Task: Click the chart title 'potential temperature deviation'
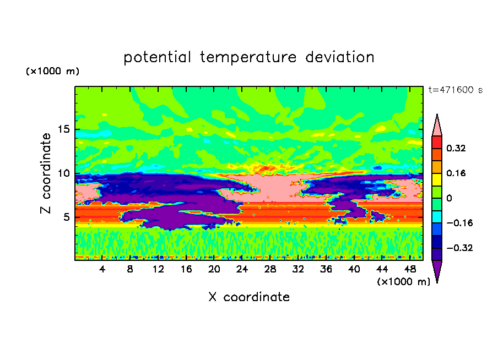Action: pos(248,57)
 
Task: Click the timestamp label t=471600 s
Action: pos(456,90)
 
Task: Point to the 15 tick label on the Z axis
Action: pos(63,129)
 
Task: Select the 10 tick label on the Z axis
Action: pos(63,173)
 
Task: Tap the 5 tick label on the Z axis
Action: pos(66,217)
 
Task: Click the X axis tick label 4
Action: pos(102,270)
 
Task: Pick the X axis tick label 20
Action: pos(214,270)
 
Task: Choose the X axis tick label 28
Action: pos(270,270)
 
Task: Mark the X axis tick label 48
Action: pos(410,270)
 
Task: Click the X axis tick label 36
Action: pos(326,270)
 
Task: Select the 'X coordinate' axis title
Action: pos(249,297)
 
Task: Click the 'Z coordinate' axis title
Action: pos(46,173)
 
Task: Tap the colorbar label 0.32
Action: pos(456,148)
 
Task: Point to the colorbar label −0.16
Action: pos(459,223)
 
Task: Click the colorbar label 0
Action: pos(449,198)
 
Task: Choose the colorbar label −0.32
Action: pos(459,248)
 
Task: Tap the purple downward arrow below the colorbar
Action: pos(437,270)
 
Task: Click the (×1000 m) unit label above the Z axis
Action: pos(52,71)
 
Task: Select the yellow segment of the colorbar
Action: pos(437,179)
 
